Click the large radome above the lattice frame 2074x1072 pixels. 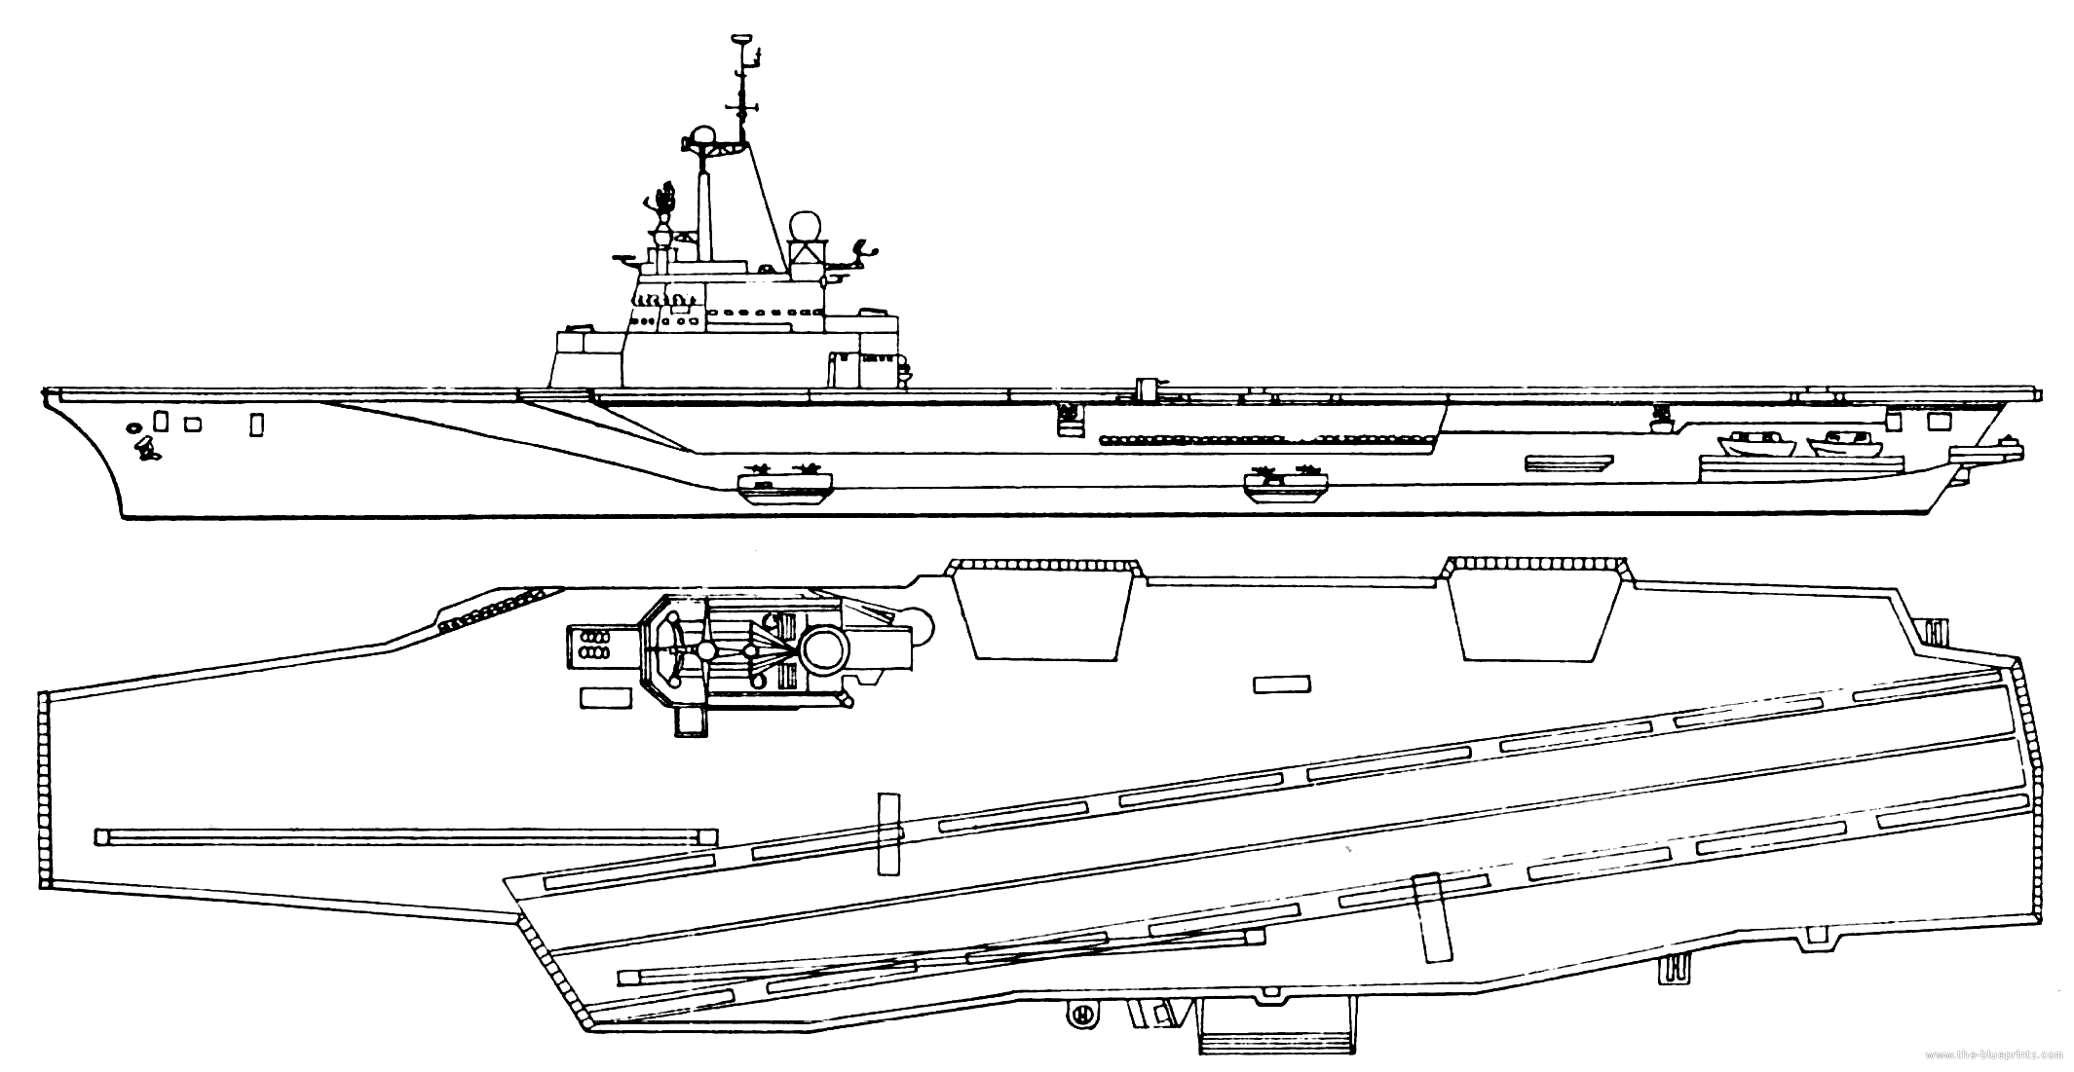coord(805,227)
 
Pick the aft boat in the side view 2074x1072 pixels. coord(1843,445)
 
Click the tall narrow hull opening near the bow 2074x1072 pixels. coord(256,425)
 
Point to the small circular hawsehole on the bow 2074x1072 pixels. coord(133,426)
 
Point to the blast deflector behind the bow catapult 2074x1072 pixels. coord(888,832)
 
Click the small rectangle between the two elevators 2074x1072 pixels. coord(1282,684)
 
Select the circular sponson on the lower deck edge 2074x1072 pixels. coord(1078,1014)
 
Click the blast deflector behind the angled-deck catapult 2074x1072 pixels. coord(1433,917)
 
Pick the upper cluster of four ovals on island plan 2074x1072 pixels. coord(595,635)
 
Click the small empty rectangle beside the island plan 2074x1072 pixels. coord(600,697)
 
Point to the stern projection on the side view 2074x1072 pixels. coord(1987,451)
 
